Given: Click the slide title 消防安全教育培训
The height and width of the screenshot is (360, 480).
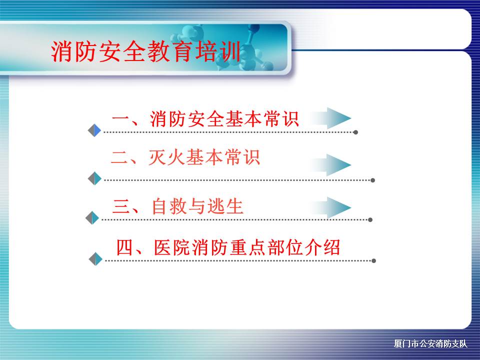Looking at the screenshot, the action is pyautogui.click(x=146, y=51).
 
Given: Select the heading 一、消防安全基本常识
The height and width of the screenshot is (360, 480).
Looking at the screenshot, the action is pyautogui.click(x=205, y=118).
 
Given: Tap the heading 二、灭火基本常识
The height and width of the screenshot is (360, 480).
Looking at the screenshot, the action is pyautogui.click(x=185, y=157).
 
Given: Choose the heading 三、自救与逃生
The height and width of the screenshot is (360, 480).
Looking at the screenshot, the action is pyautogui.click(x=178, y=206).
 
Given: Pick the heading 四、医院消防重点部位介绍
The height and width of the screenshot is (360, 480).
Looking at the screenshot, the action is pyautogui.click(x=228, y=247).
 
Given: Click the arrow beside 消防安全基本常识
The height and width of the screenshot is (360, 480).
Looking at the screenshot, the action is pyautogui.click(x=331, y=118).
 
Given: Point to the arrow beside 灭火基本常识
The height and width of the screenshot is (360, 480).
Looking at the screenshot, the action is pyautogui.click(x=331, y=165).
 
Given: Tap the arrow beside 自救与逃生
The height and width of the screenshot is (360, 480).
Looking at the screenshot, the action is pyautogui.click(x=331, y=207).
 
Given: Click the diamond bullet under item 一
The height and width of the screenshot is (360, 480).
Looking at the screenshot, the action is pyautogui.click(x=94, y=130).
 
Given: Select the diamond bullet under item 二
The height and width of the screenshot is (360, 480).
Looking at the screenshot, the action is pyautogui.click(x=94, y=178).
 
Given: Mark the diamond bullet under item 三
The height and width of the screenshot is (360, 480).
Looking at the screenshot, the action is pyautogui.click(x=92, y=218).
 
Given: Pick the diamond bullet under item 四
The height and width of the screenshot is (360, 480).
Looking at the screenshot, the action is pyautogui.click(x=95, y=259).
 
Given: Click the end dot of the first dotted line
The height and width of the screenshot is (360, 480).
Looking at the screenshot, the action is pyautogui.click(x=355, y=132).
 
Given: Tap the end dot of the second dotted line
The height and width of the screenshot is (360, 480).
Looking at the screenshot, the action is pyautogui.click(x=372, y=180).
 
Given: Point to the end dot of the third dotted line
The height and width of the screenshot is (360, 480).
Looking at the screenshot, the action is pyautogui.click(x=370, y=220).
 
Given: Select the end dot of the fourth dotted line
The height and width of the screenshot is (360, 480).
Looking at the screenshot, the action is pyautogui.click(x=373, y=261).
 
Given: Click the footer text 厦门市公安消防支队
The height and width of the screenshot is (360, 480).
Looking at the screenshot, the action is pyautogui.click(x=430, y=343).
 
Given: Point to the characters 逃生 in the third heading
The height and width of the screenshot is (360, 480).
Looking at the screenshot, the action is pyautogui.click(x=225, y=206).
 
